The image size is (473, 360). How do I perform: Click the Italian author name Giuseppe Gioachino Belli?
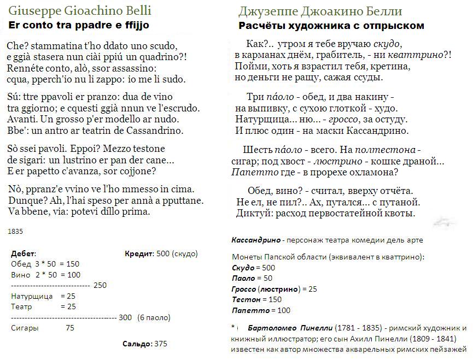pos(80,11)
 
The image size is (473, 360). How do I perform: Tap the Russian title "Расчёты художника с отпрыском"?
pos(331,26)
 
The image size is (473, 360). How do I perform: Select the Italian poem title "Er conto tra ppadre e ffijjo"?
pos(79,26)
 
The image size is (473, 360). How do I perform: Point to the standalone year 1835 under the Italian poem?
pos(15,232)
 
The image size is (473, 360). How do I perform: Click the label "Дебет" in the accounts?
pos(24,254)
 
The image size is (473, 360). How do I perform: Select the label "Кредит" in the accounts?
pos(139,254)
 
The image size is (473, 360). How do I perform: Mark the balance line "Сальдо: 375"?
pos(144,344)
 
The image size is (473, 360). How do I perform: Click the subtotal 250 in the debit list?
pos(100,285)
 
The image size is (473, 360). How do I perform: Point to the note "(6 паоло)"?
pos(155,317)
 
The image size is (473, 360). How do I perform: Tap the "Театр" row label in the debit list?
pos(21,306)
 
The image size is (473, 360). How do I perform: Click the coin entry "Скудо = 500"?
pos(254,268)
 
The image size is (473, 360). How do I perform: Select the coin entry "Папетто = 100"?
pos(261,310)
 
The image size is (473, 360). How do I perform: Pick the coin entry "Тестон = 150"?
pos(256,299)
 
